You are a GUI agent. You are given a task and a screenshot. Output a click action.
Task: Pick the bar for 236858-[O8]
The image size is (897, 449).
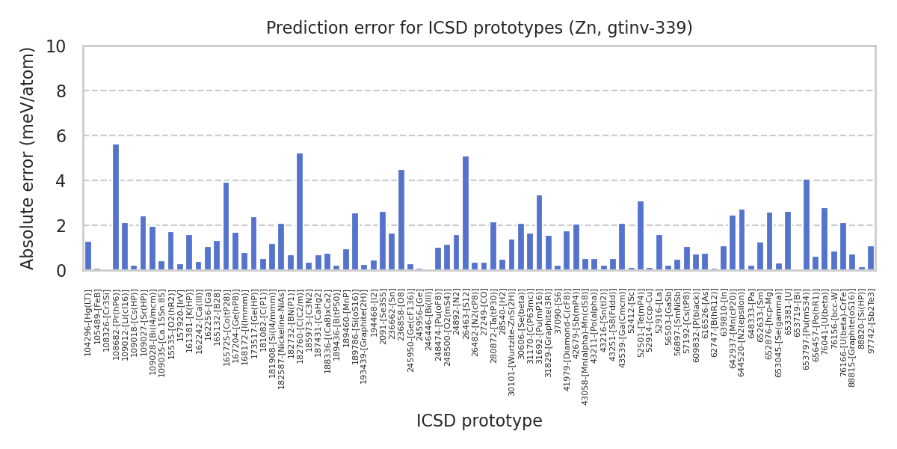401,220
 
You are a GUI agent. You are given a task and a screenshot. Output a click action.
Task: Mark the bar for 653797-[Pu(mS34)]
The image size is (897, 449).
807,224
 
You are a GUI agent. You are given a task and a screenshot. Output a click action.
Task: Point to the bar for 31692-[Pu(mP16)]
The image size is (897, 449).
539,233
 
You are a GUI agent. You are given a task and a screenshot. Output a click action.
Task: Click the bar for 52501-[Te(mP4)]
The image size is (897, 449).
641,236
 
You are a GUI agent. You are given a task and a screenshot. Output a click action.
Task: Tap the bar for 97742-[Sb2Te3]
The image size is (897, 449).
871,258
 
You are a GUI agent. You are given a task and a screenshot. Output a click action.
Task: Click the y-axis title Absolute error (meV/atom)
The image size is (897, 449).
28,158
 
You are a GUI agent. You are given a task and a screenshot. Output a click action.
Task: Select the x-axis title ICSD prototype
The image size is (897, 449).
479,421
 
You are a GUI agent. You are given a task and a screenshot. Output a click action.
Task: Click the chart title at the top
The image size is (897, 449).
479,28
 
